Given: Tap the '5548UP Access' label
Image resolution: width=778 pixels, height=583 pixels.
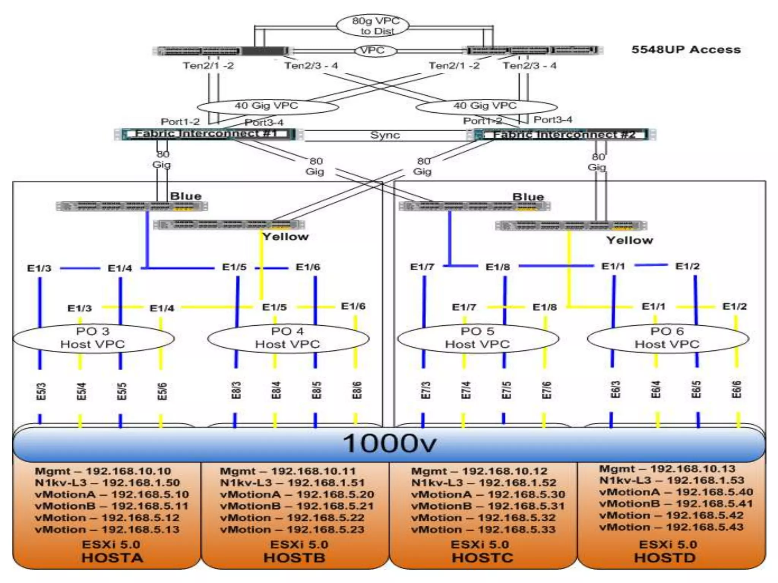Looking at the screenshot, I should pos(686,50).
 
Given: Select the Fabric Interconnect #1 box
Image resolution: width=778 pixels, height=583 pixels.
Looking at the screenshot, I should pos(207,134).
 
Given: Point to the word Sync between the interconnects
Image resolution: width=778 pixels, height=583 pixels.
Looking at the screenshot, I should pos(385,135).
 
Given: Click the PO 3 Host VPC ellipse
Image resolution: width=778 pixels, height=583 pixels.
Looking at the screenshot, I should pos(93,338).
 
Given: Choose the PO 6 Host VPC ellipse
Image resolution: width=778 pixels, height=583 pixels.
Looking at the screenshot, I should pos(667,338).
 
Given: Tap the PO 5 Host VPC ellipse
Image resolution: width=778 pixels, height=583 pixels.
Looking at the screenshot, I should pos(478,338).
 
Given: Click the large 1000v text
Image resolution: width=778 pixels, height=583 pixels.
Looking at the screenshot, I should pos(389,443).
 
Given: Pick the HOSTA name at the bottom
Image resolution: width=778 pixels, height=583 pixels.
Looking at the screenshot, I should pos(112,558).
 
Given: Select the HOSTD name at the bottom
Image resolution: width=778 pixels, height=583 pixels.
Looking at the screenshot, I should pos(665,558).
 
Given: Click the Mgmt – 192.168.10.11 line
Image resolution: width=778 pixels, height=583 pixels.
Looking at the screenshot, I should pos(288,471).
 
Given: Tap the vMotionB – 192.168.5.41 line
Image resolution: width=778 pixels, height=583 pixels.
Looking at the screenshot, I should pos(676,504).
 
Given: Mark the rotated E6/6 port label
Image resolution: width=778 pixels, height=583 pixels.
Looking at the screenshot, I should pos(736,389).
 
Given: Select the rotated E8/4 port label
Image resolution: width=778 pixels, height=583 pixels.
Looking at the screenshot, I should pos(276,390).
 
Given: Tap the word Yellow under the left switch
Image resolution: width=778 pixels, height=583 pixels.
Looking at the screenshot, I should pos(285,237).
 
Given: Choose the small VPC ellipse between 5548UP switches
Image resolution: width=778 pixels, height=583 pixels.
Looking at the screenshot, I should pos(372,50).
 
